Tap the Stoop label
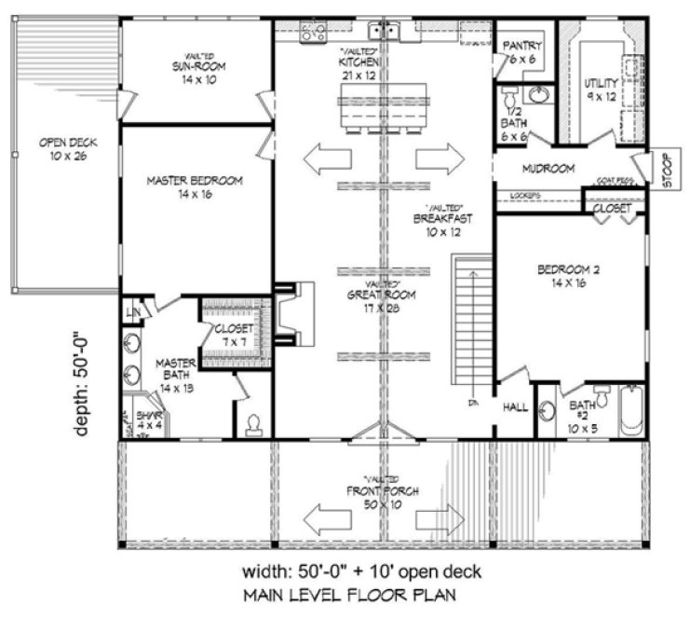[x=667, y=171]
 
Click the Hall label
[x=516, y=407]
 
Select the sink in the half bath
[x=537, y=94]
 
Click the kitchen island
[x=385, y=108]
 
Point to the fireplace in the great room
[x=289, y=318]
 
